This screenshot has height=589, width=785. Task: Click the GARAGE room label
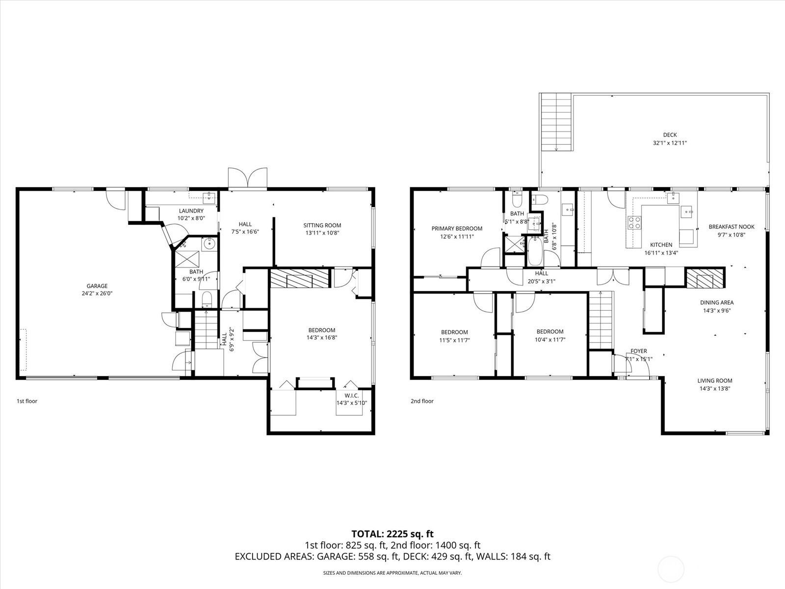(97, 286)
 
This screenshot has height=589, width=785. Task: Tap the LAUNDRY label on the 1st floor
(191, 211)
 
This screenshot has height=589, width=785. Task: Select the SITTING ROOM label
(322, 225)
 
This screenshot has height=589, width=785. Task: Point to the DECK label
(670, 135)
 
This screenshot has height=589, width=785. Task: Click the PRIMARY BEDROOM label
(457, 229)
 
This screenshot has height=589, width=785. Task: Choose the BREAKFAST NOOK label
(732, 227)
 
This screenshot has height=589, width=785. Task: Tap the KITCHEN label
(661, 245)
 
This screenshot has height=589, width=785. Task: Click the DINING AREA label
(717, 302)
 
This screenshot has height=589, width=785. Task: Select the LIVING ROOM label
(714, 381)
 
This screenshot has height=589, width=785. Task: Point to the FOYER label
(638, 351)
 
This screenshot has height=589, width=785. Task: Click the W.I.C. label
(352, 396)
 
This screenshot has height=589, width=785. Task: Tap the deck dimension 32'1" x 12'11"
(670, 143)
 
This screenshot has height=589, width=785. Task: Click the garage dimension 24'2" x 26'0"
(97, 294)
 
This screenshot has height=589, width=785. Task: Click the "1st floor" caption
(27, 401)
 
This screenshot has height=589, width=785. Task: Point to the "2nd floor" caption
(422, 401)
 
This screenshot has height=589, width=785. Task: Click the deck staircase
(556, 122)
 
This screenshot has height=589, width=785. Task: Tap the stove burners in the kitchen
(634, 222)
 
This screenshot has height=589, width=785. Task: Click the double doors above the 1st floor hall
(247, 178)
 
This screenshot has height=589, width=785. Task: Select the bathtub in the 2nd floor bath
(535, 251)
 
